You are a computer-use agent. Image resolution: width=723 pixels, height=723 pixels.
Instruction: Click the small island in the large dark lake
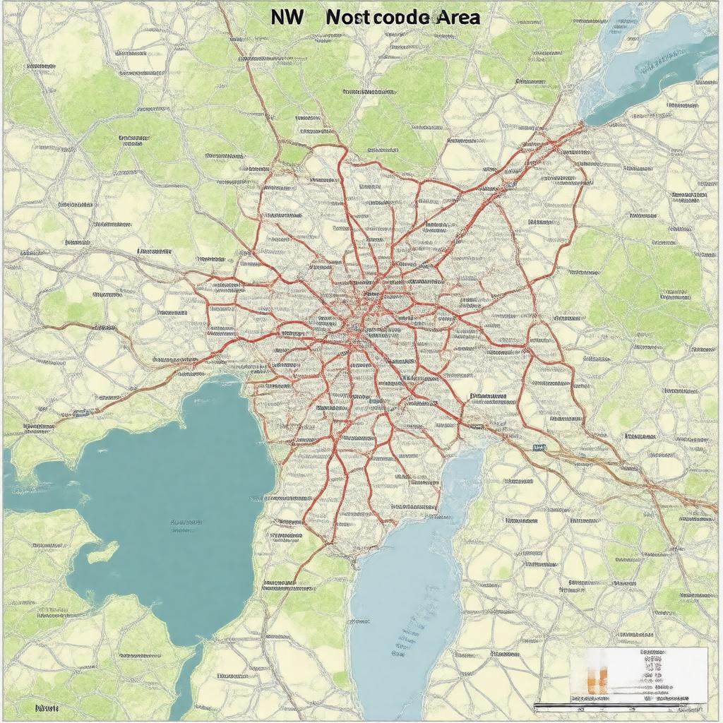(x=104, y=551)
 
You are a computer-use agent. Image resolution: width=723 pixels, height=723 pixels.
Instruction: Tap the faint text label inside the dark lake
(x=186, y=525)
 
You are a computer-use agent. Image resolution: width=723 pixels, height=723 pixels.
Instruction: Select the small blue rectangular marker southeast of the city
(x=539, y=448)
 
